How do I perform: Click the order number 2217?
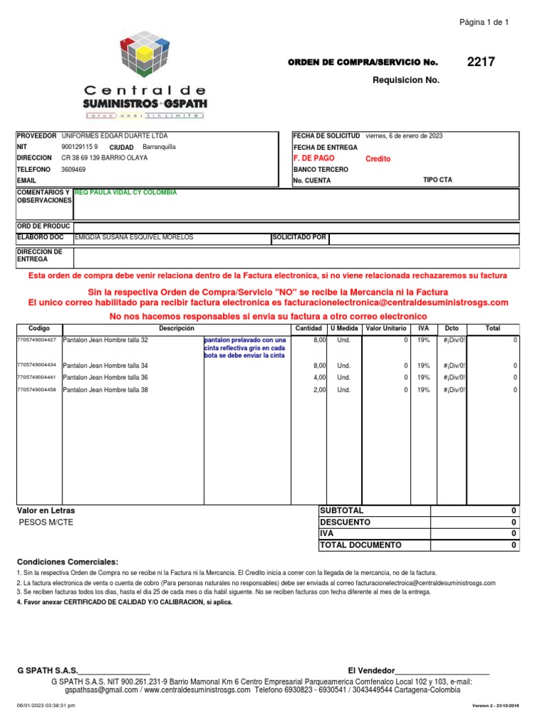click(480, 62)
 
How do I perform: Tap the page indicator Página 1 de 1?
click(485, 22)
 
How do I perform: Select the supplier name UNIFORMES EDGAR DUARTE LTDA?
click(115, 136)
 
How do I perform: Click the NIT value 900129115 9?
click(80, 147)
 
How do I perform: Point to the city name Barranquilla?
click(159, 147)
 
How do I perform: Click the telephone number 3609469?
click(74, 170)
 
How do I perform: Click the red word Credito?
click(378, 159)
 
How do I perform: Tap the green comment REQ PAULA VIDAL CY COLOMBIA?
click(126, 192)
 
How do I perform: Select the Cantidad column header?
click(309, 329)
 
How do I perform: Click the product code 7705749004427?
click(36, 340)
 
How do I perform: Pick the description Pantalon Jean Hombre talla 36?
click(106, 378)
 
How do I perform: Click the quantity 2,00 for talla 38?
click(319, 390)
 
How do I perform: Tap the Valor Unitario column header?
click(386, 329)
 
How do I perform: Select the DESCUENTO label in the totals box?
click(345, 522)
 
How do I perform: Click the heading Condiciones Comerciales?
click(67, 561)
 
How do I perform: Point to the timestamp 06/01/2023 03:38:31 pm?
click(45, 706)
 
